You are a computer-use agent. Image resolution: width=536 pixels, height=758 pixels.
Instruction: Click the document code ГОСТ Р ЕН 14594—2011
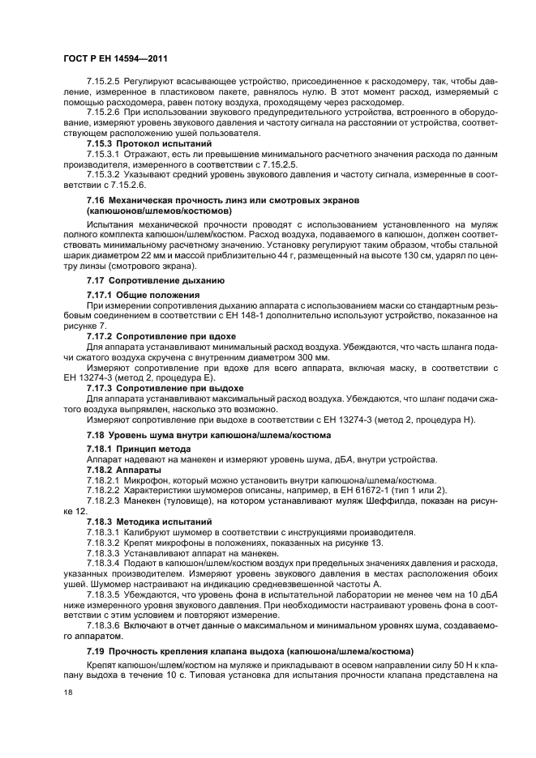point(114,60)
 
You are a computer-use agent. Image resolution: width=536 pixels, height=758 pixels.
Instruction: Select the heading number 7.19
point(96,651)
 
